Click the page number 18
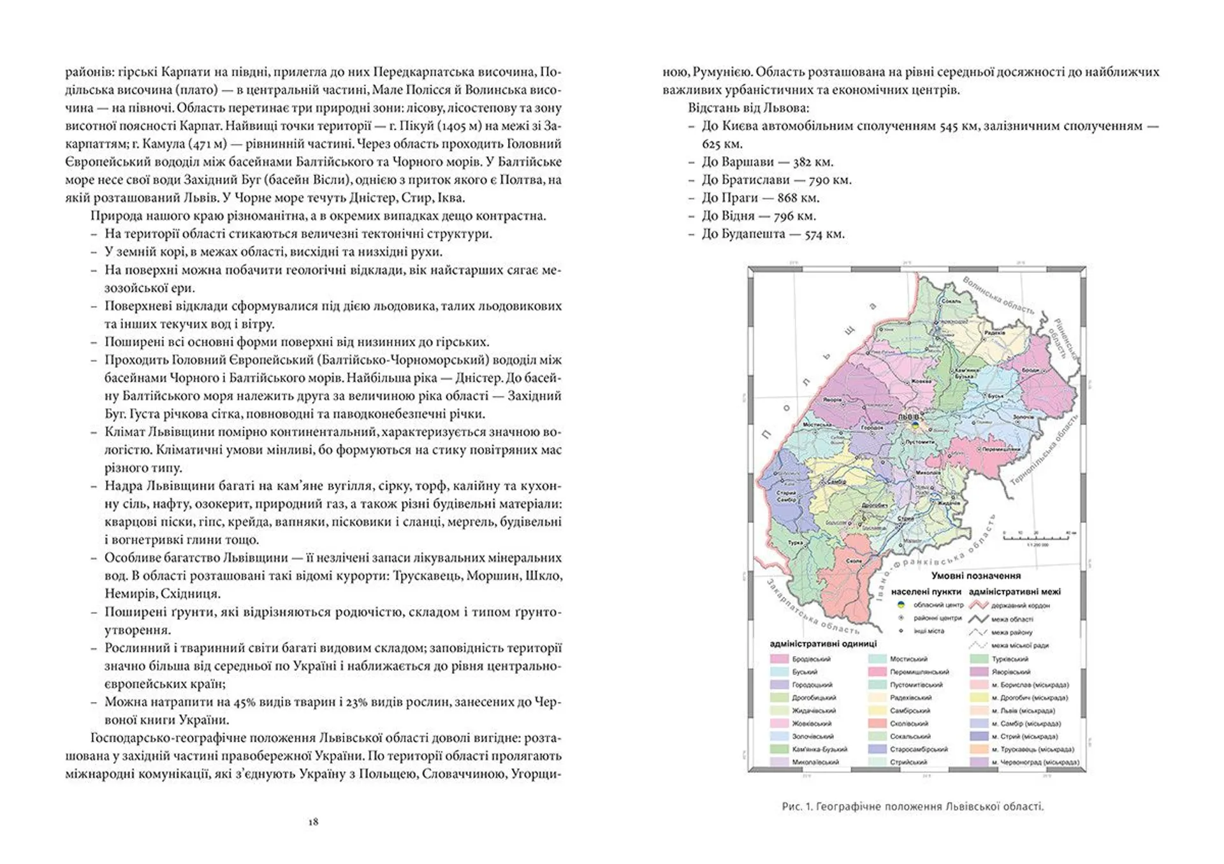[x=313, y=822]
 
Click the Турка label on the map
[x=795, y=543]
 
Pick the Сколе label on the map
[x=854, y=561]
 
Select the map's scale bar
[x=1037, y=537]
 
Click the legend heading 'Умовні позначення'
[x=975, y=576]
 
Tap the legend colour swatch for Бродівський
[x=780, y=659]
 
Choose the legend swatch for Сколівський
[x=878, y=723]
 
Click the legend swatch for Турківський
[x=979, y=659]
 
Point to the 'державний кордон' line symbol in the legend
[x=978, y=605]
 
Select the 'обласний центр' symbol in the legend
[x=901, y=604]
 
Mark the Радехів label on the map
[x=994, y=333]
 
